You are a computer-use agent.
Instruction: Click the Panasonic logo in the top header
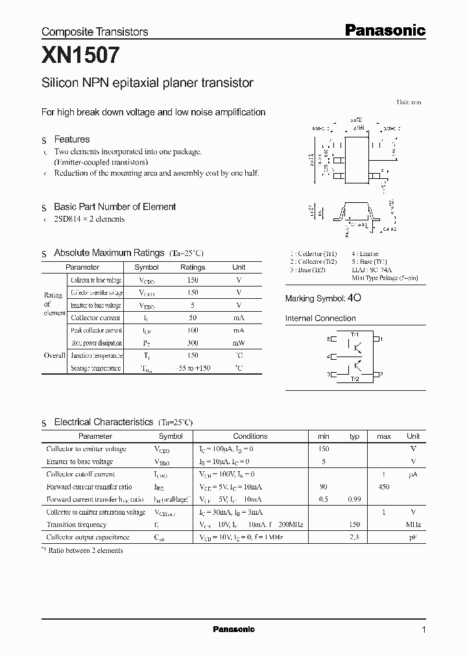[x=384, y=30]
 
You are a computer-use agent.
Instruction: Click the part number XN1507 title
[x=80, y=56]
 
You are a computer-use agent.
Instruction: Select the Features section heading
[x=71, y=139]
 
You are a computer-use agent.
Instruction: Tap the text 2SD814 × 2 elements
[x=90, y=219]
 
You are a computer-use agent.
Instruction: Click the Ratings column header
[x=193, y=267]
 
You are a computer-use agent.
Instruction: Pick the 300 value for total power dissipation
[x=193, y=343]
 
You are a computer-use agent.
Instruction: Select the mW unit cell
[x=239, y=343]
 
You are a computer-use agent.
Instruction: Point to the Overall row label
[x=54, y=356]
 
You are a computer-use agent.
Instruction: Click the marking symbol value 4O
[x=354, y=298]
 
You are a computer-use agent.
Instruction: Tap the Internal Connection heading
[x=320, y=318]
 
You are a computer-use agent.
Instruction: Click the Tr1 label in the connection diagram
[x=355, y=334]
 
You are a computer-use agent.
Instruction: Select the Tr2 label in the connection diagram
[x=355, y=379]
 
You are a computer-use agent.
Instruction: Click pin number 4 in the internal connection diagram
[x=329, y=357]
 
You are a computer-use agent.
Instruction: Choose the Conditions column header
[x=250, y=436]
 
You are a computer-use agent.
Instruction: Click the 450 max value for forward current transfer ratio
[x=384, y=487]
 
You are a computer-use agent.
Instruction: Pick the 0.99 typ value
[x=354, y=499]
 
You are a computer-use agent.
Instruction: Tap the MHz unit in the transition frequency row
[x=413, y=524]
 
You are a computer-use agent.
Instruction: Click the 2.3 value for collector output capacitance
[x=354, y=537]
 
